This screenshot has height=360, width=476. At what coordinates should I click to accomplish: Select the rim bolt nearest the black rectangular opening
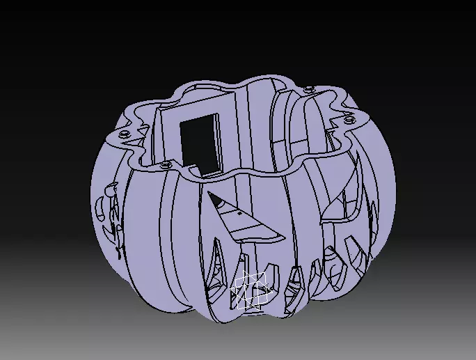click(x=165, y=165)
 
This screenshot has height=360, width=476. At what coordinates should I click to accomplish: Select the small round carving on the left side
click(x=111, y=187)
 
